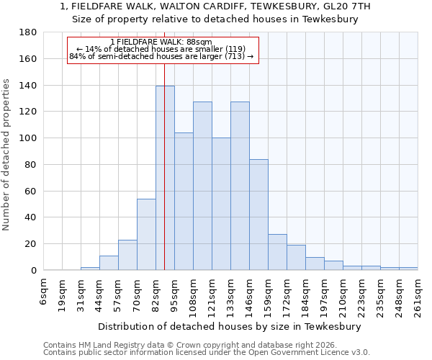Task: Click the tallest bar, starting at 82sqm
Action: click(x=165, y=178)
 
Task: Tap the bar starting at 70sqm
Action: click(x=146, y=234)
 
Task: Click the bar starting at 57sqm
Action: click(x=127, y=255)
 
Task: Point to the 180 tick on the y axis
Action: click(x=28, y=32)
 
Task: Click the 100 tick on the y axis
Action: click(x=28, y=138)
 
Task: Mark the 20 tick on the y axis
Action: click(x=31, y=244)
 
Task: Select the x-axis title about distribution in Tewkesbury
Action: click(x=230, y=326)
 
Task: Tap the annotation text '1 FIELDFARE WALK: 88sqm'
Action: click(x=161, y=42)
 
